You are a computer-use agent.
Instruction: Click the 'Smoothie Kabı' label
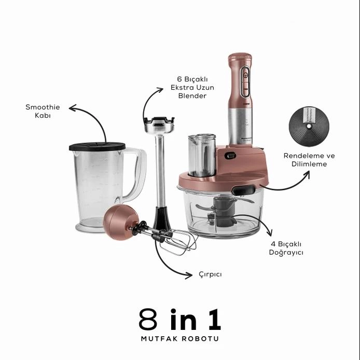click(x=43, y=111)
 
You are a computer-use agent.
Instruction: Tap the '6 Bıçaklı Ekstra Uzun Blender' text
click(x=192, y=88)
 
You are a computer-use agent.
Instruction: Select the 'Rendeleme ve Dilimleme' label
click(x=309, y=160)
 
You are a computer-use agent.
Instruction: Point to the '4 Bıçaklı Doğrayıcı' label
click(x=286, y=248)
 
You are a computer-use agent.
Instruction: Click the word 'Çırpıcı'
click(x=210, y=274)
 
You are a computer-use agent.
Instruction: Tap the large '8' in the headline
click(x=148, y=320)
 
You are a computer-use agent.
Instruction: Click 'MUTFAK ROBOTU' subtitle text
click(x=180, y=339)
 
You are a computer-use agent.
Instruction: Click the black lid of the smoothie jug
click(x=97, y=147)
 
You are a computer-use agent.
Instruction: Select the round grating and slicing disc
click(x=309, y=127)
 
